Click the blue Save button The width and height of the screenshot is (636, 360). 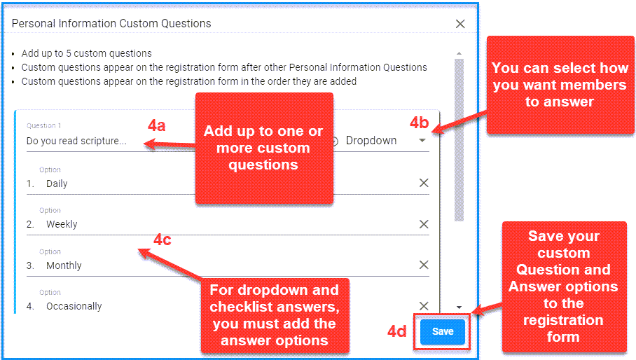[443, 331]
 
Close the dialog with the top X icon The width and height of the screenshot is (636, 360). [460, 24]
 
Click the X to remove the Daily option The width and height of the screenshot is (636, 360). [424, 183]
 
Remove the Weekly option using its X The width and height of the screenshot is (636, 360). [424, 224]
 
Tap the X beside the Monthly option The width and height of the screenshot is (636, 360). [424, 265]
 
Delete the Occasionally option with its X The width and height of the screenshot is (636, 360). [424, 305]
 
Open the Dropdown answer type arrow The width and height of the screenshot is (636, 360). [422, 140]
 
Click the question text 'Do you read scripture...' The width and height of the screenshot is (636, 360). [76, 141]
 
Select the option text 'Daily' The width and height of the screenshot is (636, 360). [57, 184]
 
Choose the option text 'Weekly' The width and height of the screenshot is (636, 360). [62, 224]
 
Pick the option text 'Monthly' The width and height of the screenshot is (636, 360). [64, 265]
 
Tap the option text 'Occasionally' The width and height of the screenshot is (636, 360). [74, 306]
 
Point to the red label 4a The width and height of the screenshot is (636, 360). [157, 125]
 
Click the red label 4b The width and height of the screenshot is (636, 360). [419, 123]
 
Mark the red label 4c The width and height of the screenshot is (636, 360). [163, 240]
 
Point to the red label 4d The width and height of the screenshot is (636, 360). [396, 331]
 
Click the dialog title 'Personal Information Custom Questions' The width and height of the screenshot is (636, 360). [111, 24]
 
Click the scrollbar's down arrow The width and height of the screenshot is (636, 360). [459, 307]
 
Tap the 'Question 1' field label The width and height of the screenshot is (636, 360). [44, 125]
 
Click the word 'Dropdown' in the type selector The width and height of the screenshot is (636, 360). [371, 141]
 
